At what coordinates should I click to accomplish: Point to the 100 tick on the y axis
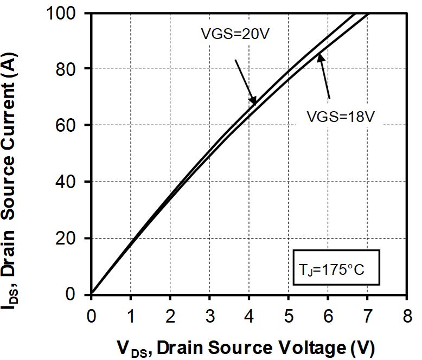pyautogui.click(x=68, y=12)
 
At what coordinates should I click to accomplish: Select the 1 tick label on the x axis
pyautogui.click(x=131, y=315)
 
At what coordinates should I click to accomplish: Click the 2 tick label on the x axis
pyautogui.click(x=170, y=315)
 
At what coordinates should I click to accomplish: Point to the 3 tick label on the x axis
pyautogui.click(x=210, y=315)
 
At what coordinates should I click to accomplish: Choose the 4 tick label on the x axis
pyautogui.click(x=250, y=315)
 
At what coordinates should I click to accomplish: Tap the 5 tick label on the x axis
pyautogui.click(x=289, y=315)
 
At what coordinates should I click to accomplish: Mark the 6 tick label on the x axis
pyautogui.click(x=329, y=315)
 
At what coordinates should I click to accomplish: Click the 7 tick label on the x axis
pyautogui.click(x=368, y=315)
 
